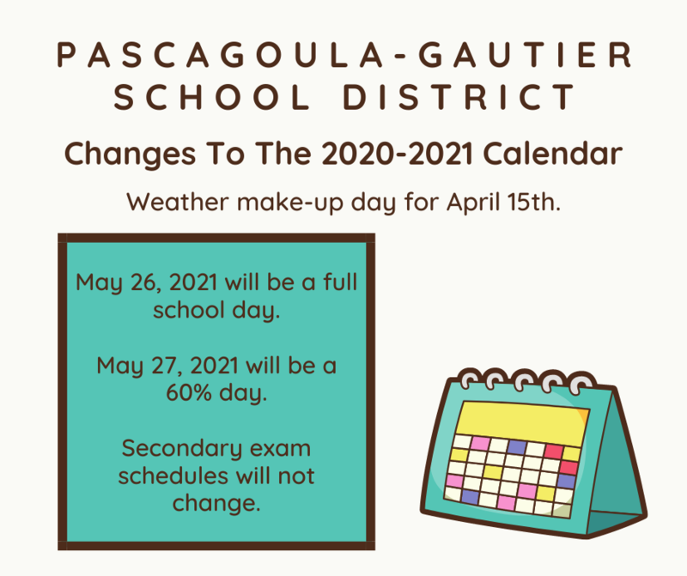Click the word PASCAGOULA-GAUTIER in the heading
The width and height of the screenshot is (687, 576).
[x=343, y=57]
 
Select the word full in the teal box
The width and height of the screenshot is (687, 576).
[x=334, y=282]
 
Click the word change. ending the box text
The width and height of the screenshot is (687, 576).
[x=216, y=503]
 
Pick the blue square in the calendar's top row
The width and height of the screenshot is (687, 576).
[x=515, y=447]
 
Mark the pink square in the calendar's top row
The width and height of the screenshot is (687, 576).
[x=482, y=444]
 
